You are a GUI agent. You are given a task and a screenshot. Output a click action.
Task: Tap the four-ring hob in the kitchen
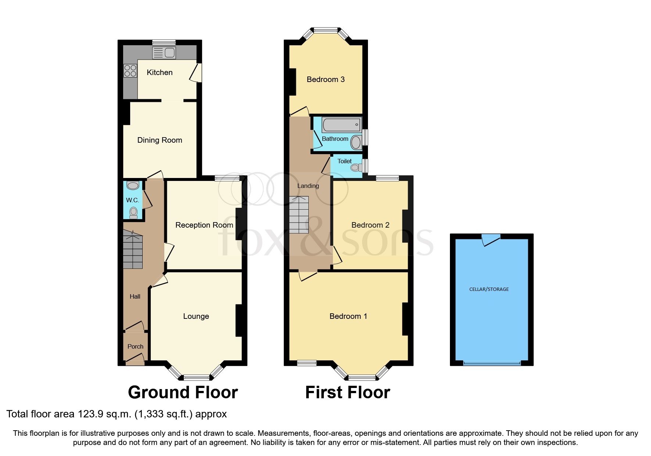pyautogui.click(x=130, y=71)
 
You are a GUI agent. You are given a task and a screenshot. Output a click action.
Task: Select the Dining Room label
pyautogui.click(x=160, y=140)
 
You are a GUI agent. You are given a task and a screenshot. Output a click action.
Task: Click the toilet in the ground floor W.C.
pyautogui.click(x=133, y=212)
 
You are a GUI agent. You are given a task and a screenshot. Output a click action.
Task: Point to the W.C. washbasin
pyautogui.click(x=133, y=185)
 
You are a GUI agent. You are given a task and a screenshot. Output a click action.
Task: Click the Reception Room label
pyautogui.click(x=204, y=225)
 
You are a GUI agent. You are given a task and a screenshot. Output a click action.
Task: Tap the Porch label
pyautogui.click(x=135, y=346)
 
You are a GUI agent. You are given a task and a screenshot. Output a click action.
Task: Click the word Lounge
pyautogui.click(x=196, y=316)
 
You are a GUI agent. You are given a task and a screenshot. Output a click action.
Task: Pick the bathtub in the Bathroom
pyautogui.click(x=341, y=125)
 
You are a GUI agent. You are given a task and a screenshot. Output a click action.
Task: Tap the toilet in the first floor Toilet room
pyautogui.click(x=355, y=168)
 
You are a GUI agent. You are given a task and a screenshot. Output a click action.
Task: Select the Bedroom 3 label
pyautogui.click(x=326, y=79)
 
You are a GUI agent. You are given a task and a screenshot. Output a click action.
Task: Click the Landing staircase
pyautogui.click(x=298, y=215)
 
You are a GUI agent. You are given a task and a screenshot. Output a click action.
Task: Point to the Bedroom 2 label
pyautogui.click(x=370, y=225)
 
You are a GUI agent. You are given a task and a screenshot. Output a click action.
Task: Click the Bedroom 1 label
pyautogui.click(x=348, y=316)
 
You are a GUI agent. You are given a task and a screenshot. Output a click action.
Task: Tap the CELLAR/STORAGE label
pyautogui.click(x=489, y=289)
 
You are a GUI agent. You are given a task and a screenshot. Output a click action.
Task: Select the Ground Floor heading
pyautogui.click(x=183, y=392)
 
